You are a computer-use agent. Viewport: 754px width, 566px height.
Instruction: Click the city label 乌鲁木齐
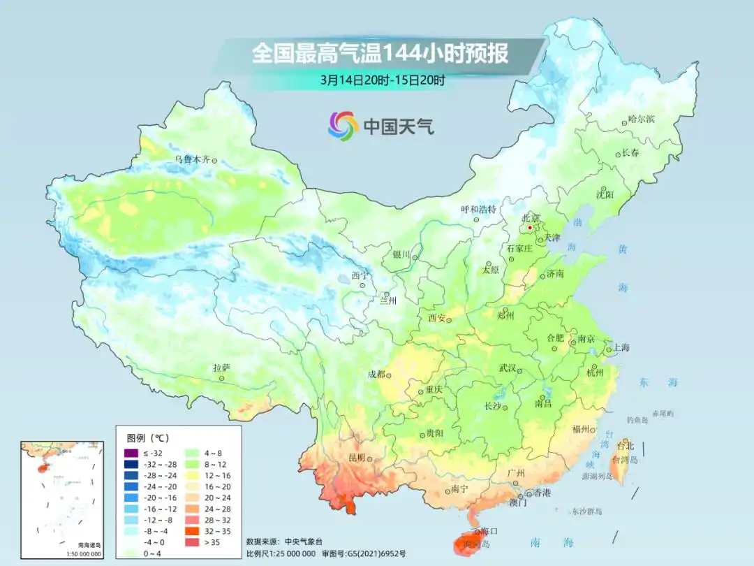pos(192,159)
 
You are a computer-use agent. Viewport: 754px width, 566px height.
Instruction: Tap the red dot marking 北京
pos(530,227)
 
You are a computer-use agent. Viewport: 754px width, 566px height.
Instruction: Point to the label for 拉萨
pos(221,368)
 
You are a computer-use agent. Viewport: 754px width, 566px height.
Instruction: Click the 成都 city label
pos(376,374)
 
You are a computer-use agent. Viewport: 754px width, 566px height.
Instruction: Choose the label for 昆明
pos(357,458)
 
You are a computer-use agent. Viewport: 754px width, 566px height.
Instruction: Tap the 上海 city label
pos(621,348)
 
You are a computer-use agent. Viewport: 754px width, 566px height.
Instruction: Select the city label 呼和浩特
pos(478,209)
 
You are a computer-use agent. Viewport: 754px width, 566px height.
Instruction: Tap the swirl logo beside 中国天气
pos(343,126)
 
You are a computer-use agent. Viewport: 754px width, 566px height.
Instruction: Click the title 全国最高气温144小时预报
pos(380,54)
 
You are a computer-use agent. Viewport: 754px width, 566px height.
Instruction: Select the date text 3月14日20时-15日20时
pos(382,80)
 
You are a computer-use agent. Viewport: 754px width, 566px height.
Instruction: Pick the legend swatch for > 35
pos(195,542)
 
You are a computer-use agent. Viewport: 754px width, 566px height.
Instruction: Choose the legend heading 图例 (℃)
pos(147,437)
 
